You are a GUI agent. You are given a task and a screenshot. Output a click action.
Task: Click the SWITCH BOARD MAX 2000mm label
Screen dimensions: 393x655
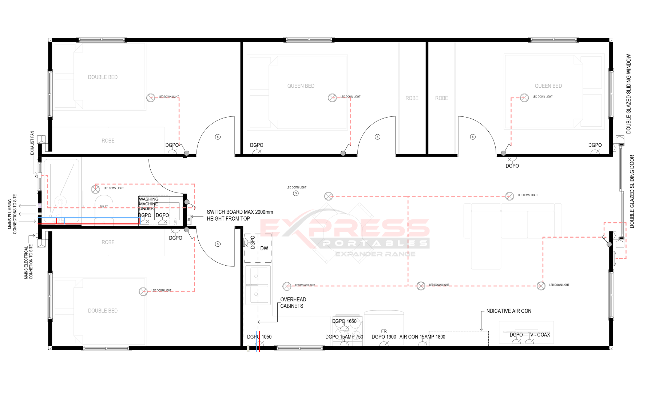tap(239, 212)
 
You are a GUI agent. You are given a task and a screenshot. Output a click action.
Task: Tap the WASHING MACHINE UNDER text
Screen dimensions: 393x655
tap(148, 204)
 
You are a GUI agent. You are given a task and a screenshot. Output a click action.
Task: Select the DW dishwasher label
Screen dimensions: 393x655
tap(264, 249)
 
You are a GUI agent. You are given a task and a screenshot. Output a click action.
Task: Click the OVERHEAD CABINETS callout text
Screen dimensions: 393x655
tap(293, 303)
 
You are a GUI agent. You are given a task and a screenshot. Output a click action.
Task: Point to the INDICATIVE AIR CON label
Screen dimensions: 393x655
tap(508, 311)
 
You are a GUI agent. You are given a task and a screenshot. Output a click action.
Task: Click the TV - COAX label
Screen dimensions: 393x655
tap(539, 335)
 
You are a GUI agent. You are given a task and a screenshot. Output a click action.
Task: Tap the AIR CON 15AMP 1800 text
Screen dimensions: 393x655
tap(422, 337)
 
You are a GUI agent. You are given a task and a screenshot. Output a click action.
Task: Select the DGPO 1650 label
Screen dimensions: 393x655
tap(344, 321)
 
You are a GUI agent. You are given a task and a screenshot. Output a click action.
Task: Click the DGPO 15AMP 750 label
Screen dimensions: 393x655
tap(344, 337)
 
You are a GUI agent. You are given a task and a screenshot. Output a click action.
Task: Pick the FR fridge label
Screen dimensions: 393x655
tap(384, 331)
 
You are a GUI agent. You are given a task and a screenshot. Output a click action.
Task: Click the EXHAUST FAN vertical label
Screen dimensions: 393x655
tap(32, 143)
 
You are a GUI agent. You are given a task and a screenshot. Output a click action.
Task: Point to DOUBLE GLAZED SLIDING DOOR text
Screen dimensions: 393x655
tap(632, 191)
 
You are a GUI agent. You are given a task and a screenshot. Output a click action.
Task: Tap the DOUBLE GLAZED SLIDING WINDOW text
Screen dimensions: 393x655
tap(628, 94)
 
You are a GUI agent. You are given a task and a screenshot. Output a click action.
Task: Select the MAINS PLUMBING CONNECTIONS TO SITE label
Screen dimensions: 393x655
tap(12, 214)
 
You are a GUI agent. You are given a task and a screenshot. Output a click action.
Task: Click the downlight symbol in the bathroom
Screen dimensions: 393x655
tap(95, 189)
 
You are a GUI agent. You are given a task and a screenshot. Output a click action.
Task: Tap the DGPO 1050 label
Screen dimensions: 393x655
tap(259, 337)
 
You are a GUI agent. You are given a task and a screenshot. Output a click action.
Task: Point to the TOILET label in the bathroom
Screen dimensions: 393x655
tap(104, 207)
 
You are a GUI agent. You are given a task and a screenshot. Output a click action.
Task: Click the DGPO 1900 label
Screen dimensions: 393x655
tap(384, 337)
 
